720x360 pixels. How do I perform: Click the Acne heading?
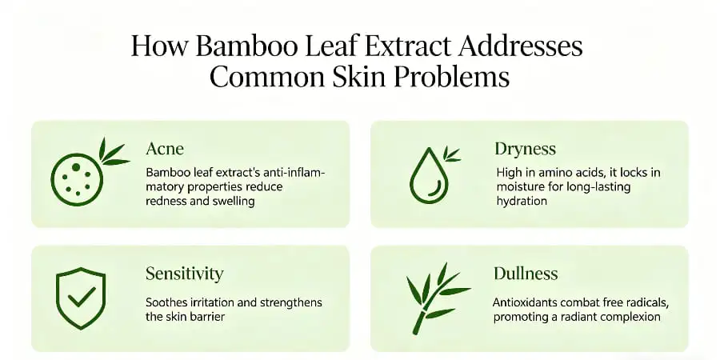pyautogui.click(x=164, y=149)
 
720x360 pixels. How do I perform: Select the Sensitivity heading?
pyautogui.click(x=185, y=274)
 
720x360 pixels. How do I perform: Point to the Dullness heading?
pyautogui.click(x=524, y=274)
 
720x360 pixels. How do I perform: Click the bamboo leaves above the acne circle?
pyautogui.click(x=112, y=154)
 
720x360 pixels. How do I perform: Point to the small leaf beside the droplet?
pyautogui.click(x=451, y=154)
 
